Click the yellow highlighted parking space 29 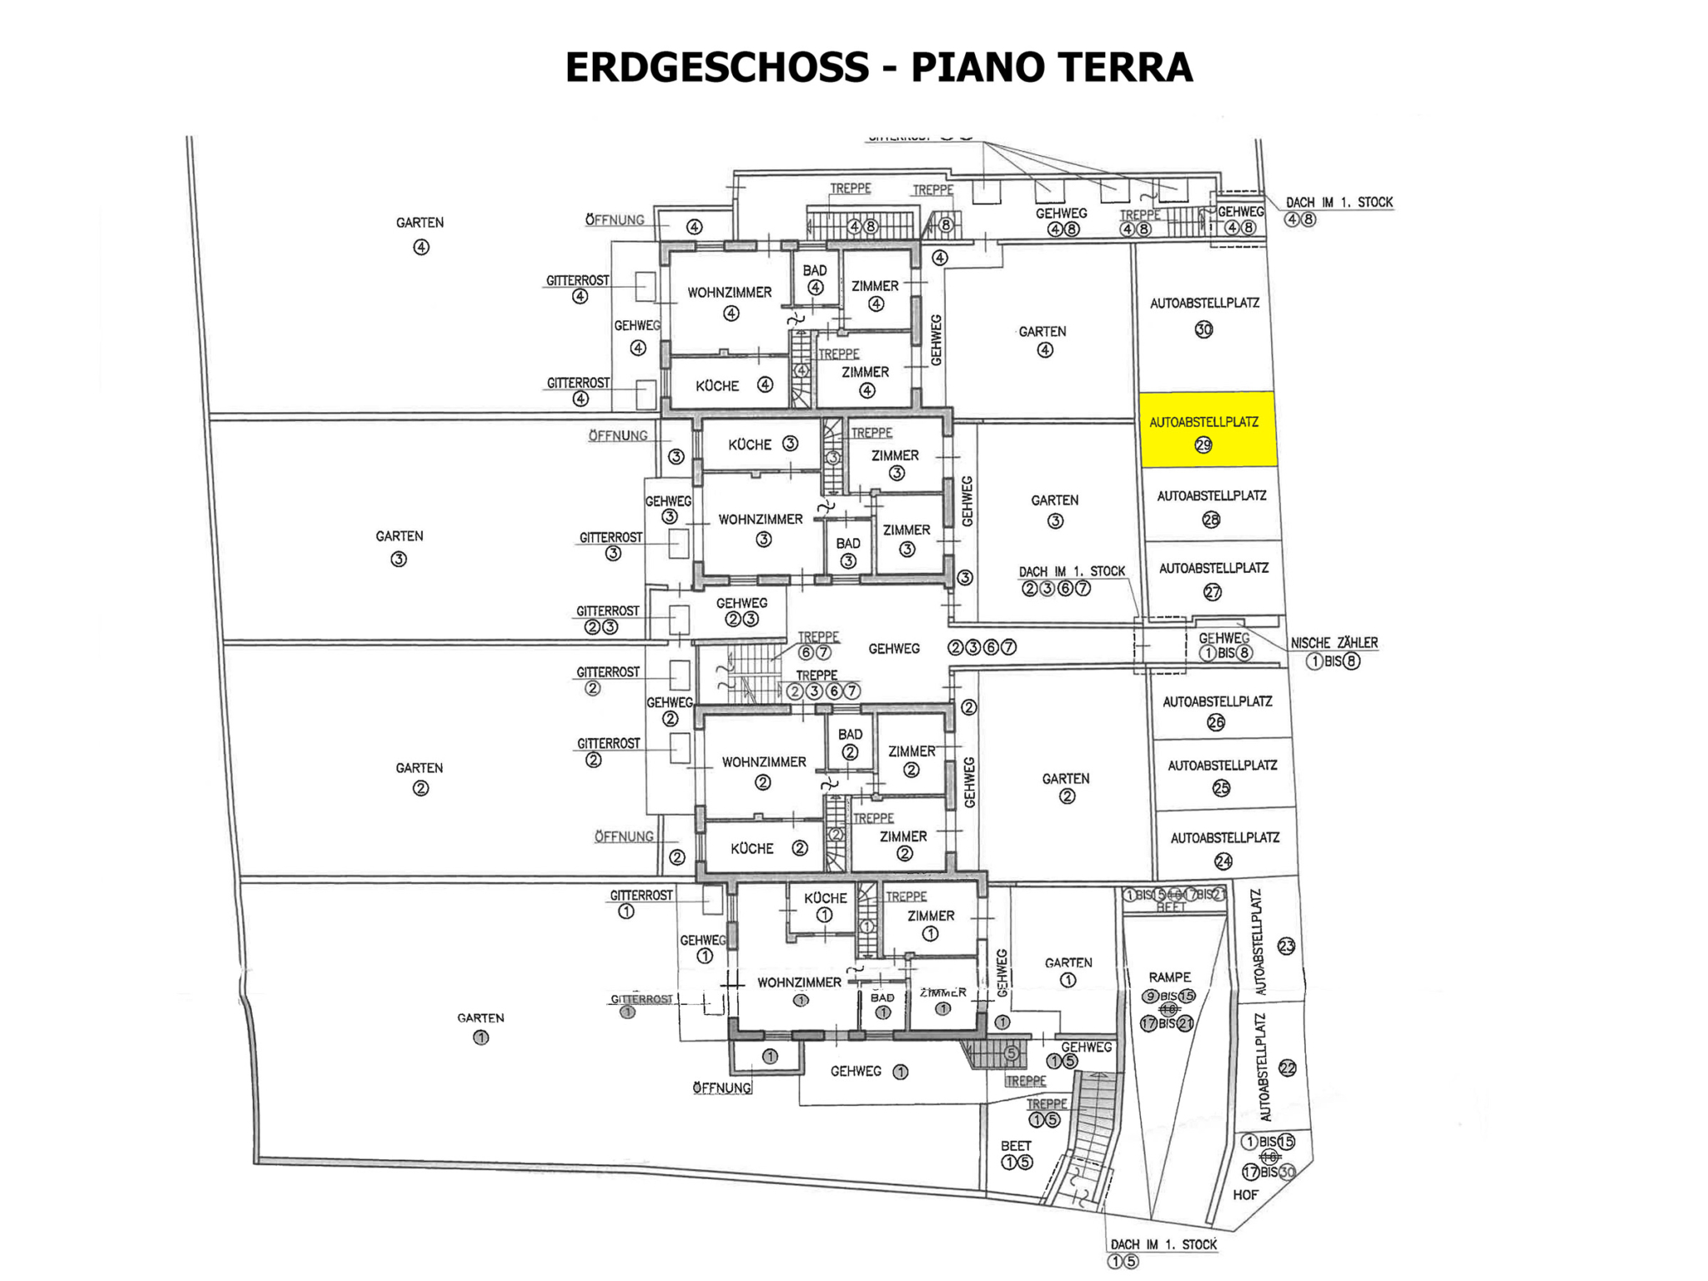(1207, 429)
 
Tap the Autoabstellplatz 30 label (1203, 304)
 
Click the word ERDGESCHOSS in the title (716, 68)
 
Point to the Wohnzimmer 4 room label (730, 294)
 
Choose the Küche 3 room (761, 445)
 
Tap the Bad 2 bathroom (850, 741)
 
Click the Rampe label (1169, 977)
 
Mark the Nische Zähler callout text (1334, 644)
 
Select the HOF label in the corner (1245, 1195)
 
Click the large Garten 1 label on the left (480, 1019)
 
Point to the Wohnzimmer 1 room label (798, 983)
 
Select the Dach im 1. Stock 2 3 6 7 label (1071, 572)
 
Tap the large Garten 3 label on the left (399, 537)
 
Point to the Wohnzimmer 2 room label (763, 763)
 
